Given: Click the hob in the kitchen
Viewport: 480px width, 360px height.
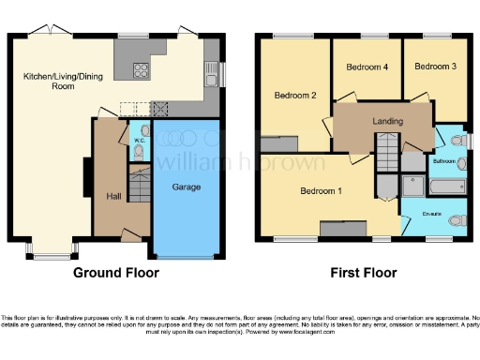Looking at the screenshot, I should [142, 69].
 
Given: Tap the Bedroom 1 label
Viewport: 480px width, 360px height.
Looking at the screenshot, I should [320, 191].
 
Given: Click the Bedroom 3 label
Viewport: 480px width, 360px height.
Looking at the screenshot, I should [435, 67].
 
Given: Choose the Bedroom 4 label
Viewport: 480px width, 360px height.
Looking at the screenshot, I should [367, 67].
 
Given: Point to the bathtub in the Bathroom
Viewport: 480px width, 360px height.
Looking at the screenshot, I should [444, 187].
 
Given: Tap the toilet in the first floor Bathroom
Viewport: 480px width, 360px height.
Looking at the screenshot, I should [457, 141].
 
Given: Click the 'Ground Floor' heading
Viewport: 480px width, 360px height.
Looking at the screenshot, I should [117, 273].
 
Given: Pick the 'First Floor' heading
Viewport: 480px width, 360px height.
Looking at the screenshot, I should [363, 273].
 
